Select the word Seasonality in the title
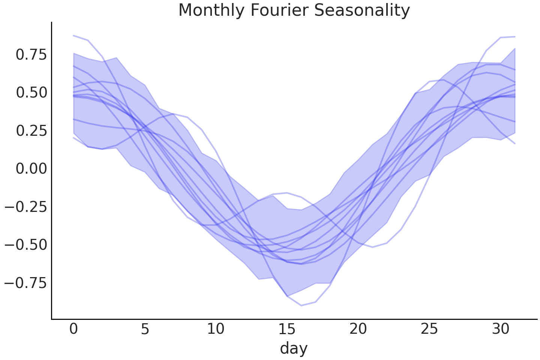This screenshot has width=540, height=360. point(362,10)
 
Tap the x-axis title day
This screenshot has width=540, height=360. point(294,348)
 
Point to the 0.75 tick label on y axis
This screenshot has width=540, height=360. point(31,55)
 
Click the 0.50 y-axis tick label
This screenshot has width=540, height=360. point(31,93)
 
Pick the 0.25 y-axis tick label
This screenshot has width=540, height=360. point(31,131)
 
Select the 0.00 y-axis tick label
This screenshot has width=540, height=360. point(31,169)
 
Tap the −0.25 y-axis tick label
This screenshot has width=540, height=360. point(26,207)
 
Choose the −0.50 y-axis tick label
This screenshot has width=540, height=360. point(26,245)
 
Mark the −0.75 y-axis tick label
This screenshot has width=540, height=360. point(26,283)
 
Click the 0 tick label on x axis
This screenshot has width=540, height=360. point(73,329)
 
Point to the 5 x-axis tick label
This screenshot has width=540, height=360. point(145,329)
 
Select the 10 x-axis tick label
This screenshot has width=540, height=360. point(216,329)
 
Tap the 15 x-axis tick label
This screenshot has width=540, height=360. point(287,329)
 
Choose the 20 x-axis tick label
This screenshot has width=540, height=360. point(358,329)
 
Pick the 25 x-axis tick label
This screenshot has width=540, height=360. point(429,329)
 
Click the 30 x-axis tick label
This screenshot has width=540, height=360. point(500,329)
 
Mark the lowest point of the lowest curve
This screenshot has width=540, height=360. point(301,306)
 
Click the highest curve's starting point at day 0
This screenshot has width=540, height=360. point(73,36)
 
